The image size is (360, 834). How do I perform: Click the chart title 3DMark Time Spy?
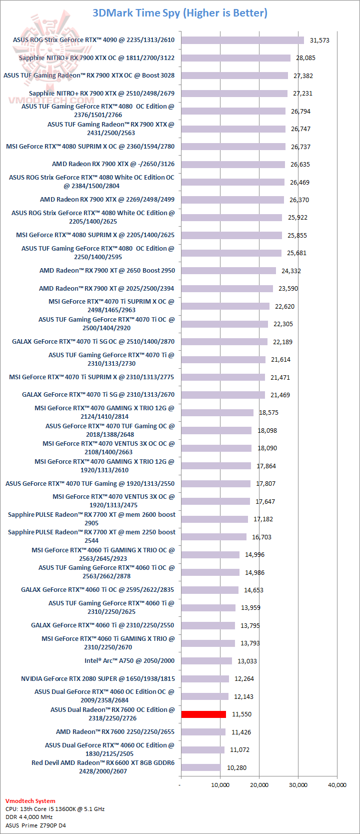(x=180, y=13)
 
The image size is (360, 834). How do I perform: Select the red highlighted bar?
(x=203, y=714)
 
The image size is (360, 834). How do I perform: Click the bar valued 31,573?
(x=242, y=40)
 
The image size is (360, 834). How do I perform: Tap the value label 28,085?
(x=305, y=58)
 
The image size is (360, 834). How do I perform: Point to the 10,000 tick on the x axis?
(x=220, y=785)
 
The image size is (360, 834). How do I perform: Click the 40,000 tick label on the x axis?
(x=337, y=785)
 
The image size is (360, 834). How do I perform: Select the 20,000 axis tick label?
(x=259, y=785)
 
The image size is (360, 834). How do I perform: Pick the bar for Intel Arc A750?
(x=206, y=661)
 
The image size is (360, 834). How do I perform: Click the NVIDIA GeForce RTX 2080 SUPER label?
(x=98, y=679)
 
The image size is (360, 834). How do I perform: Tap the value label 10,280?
(x=236, y=767)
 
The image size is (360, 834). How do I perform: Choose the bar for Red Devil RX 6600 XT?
(x=201, y=767)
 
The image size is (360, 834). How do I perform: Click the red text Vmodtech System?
(x=30, y=801)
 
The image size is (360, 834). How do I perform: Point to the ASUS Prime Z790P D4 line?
(x=35, y=825)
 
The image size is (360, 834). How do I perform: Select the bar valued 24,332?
(x=228, y=271)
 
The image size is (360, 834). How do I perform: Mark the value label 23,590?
(x=288, y=289)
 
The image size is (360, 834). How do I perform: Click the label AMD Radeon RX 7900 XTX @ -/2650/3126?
(x=113, y=164)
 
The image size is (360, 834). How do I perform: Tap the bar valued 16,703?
(x=214, y=537)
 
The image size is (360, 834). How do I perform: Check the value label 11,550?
(x=241, y=714)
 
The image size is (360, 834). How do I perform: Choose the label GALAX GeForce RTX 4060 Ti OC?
(x=97, y=590)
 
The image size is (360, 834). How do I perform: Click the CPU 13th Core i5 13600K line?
(x=55, y=809)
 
